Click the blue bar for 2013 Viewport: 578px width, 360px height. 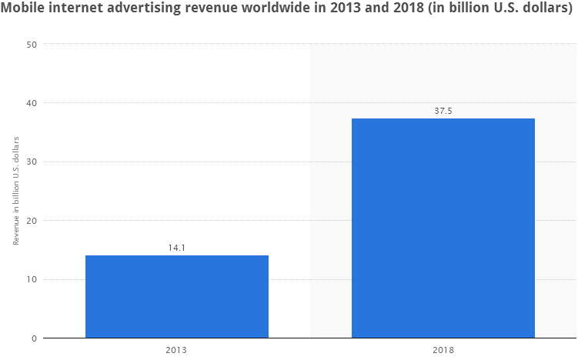click(177, 296)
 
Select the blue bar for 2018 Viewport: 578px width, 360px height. click(443, 228)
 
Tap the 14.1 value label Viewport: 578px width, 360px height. click(177, 248)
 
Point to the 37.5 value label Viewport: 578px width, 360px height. click(443, 111)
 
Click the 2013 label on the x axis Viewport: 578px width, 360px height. click(177, 351)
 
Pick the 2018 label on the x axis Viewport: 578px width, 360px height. click(443, 351)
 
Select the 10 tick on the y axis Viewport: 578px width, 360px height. click(33, 279)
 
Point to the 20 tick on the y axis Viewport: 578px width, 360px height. click(33, 221)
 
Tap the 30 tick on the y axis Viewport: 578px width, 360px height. click(33, 162)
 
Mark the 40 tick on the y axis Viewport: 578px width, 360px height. click(33, 103)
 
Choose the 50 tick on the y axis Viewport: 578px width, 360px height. click(33, 44)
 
